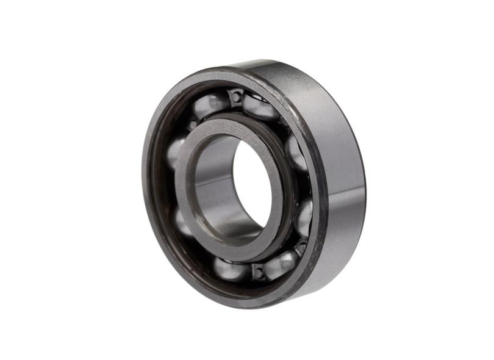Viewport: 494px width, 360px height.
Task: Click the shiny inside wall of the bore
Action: point(213,183)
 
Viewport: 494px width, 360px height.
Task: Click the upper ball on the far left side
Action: point(176,149)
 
